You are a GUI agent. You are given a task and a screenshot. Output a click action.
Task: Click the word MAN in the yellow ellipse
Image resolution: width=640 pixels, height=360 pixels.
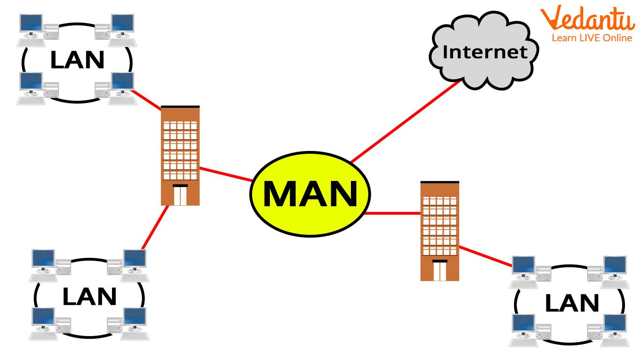(x=310, y=194)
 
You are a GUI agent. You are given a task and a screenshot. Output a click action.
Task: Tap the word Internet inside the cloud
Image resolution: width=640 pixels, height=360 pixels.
(x=485, y=52)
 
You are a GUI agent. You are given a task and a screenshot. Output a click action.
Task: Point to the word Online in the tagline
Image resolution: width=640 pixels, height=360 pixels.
(x=618, y=38)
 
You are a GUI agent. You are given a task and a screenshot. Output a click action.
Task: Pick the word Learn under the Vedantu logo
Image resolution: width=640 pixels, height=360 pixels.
(x=563, y=38)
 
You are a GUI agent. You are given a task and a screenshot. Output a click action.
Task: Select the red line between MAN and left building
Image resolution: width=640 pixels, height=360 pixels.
(x=226, y=174)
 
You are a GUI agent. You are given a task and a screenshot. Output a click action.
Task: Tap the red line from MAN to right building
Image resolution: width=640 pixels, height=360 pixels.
(x=393, y=213)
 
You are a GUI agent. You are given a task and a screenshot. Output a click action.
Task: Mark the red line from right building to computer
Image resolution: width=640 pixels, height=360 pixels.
(x=485, y=256)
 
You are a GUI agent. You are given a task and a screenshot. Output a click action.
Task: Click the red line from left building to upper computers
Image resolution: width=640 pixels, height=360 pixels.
(x=147, y=99)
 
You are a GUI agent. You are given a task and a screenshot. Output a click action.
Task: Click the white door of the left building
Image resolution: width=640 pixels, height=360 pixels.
(x=180, y=195)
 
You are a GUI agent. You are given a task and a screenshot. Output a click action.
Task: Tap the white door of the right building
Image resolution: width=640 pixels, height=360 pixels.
(x=440, y=271)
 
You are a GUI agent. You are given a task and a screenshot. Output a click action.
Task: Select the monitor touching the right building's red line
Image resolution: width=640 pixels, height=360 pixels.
(x=523, y=265)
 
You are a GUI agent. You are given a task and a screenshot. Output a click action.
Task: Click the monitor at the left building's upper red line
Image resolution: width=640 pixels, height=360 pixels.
(x=122, y=81)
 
